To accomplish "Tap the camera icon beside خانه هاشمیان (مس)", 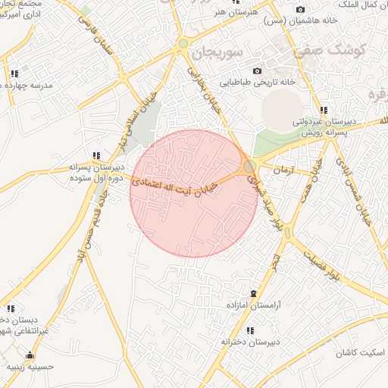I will pyautogui.click(x=300, y=9).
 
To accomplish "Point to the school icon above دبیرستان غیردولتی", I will pyautogui.click(x=324, y=110).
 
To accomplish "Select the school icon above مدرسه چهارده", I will pyautogui.click(x=14, y=74).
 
